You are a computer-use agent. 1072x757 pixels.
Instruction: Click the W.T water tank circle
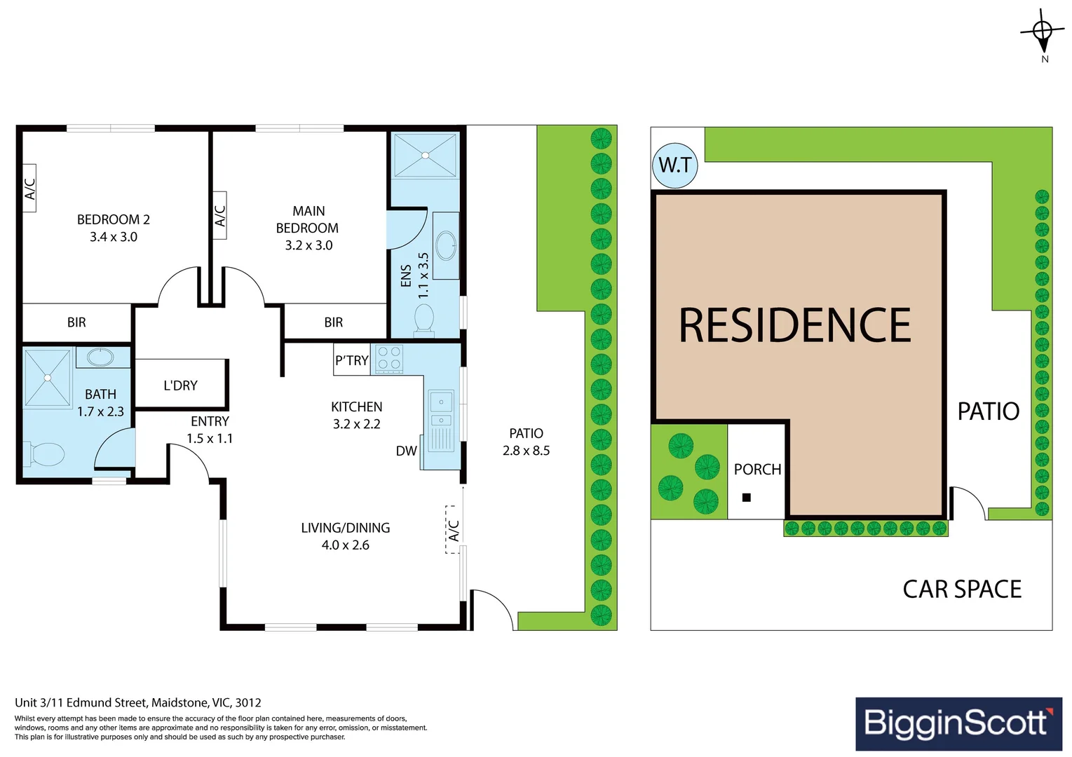(674, 165)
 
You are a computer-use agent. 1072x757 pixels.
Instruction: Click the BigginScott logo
(958, 723)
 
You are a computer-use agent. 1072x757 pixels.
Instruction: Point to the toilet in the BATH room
(46, 453)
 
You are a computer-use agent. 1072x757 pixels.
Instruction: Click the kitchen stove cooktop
(389, 358)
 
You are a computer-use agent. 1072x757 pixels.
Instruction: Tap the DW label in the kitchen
(406, 451)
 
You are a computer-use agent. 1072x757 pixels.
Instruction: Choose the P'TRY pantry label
(351, 360)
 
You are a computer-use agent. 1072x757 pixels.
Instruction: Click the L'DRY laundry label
(180, 386)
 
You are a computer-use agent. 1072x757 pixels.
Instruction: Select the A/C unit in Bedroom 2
(29, 188)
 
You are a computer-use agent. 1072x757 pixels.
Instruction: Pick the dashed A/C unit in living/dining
(454, 529)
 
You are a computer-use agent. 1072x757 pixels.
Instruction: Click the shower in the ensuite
(425, 155)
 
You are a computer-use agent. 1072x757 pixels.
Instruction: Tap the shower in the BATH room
(48, 378)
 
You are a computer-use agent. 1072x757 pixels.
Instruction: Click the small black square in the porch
(746, 498)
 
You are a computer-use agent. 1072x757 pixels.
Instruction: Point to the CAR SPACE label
(961, 589)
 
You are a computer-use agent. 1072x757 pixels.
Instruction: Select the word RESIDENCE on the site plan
(794, 325)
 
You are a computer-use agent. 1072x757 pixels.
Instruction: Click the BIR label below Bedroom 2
(76, 322)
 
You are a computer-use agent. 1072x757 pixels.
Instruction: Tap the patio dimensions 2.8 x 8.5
(526, 451)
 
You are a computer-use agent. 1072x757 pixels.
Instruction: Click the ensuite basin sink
(446, 245)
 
